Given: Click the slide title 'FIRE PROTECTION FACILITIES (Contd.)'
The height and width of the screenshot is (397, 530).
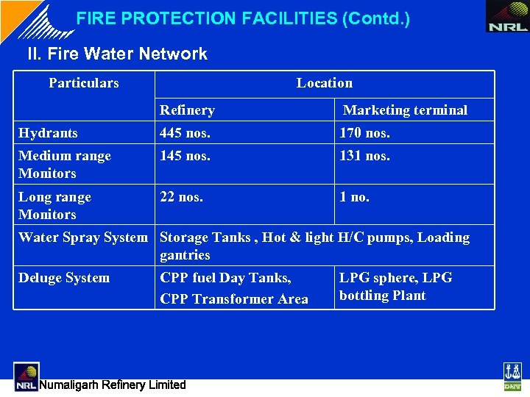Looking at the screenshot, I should [x=243, y=19].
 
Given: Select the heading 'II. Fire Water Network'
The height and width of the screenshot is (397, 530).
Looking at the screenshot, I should [x=117, y=54].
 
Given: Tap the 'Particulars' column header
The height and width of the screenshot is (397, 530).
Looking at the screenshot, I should [x=84, y=83].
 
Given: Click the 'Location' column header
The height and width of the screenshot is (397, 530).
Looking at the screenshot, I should [x=325, y=83].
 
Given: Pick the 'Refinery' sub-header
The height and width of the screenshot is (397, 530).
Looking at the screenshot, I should [x=187, y=110].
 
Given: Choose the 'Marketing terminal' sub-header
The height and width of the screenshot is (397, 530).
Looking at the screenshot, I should [x=406, y=110].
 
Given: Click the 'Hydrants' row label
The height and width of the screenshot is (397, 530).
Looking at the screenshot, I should [x=48, y=133].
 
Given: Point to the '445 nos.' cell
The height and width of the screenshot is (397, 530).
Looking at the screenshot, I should [x=185, y=133].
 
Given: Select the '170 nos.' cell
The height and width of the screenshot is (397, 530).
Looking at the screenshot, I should [x=364, y=133].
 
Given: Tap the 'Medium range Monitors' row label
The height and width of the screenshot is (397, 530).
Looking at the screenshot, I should [x=65, y=165].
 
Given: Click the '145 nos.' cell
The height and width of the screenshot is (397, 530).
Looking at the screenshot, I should [x=185, y=156].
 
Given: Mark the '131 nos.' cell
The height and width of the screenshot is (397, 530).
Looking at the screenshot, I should [x=364, y=156].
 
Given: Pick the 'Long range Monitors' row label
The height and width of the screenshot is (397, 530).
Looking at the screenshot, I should [x=55, y=206].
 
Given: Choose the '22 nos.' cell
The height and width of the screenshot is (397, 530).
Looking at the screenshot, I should [x=182, y=197].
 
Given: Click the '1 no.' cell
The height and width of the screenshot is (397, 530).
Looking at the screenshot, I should [x=355, y=197].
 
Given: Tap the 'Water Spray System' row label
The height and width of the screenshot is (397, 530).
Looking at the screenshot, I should [x=83, y=237].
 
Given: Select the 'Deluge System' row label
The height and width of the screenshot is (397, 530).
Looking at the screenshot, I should [x=64, y=278].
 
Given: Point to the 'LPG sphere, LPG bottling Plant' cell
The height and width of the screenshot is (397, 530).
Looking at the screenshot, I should [x=395, y=287].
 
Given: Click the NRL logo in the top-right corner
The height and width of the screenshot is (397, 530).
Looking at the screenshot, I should [x=508, y=17].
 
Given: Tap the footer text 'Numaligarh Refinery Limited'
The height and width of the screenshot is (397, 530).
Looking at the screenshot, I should [x=113, y=385].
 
